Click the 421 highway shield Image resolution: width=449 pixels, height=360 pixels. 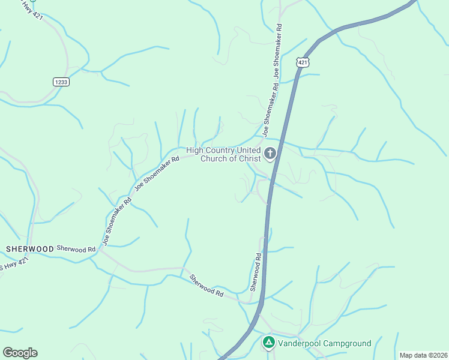(x=303, y=62)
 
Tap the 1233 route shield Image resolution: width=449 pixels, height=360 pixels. (x=60, y=82)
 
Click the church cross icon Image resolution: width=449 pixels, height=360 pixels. (x=270, y=154)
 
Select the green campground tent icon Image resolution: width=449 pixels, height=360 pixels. (x=268, y=343)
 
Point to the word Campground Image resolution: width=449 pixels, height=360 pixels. (x=349, y=343)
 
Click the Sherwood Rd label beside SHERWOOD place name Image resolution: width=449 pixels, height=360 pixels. (x=76, y=248)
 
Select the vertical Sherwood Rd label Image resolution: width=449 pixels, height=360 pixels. (x=256, y=272)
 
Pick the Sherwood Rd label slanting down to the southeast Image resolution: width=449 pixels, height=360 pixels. (x=206, y=287)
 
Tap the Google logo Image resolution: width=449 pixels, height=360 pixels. (x=20, y=353)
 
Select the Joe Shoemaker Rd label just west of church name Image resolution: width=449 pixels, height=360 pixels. (x=157, y=174)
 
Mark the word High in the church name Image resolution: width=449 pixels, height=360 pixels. (x=195, y=150)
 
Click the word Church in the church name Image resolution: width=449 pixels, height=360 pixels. (x=212, y=158)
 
